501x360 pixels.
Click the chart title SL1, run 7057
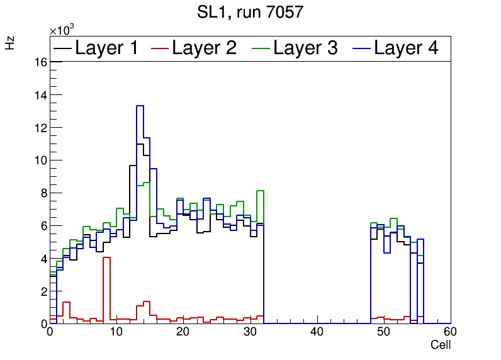[250, 13]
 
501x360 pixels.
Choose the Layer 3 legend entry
[305, 48]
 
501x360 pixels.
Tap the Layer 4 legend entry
[406, 48]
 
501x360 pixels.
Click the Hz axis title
[10, 43]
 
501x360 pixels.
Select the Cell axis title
[441, 345]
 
